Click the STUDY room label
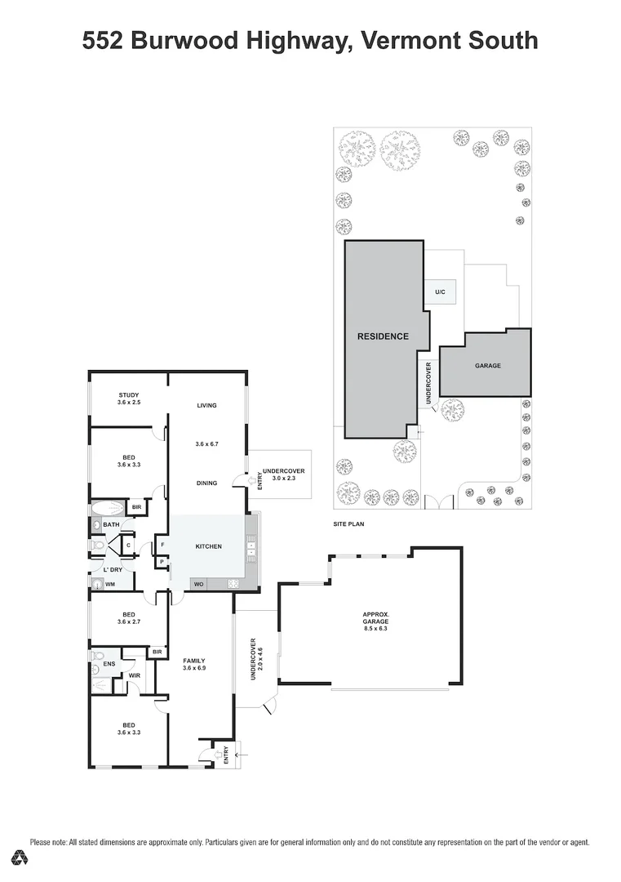128,395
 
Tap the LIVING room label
206,405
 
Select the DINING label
206,483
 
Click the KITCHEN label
208,546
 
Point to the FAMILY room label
194,660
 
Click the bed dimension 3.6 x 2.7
129,622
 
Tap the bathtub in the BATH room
104,508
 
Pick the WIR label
134,675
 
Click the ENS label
109,664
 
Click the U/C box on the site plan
440,292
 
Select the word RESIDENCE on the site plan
383,336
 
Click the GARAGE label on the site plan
488,365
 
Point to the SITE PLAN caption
348,523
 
